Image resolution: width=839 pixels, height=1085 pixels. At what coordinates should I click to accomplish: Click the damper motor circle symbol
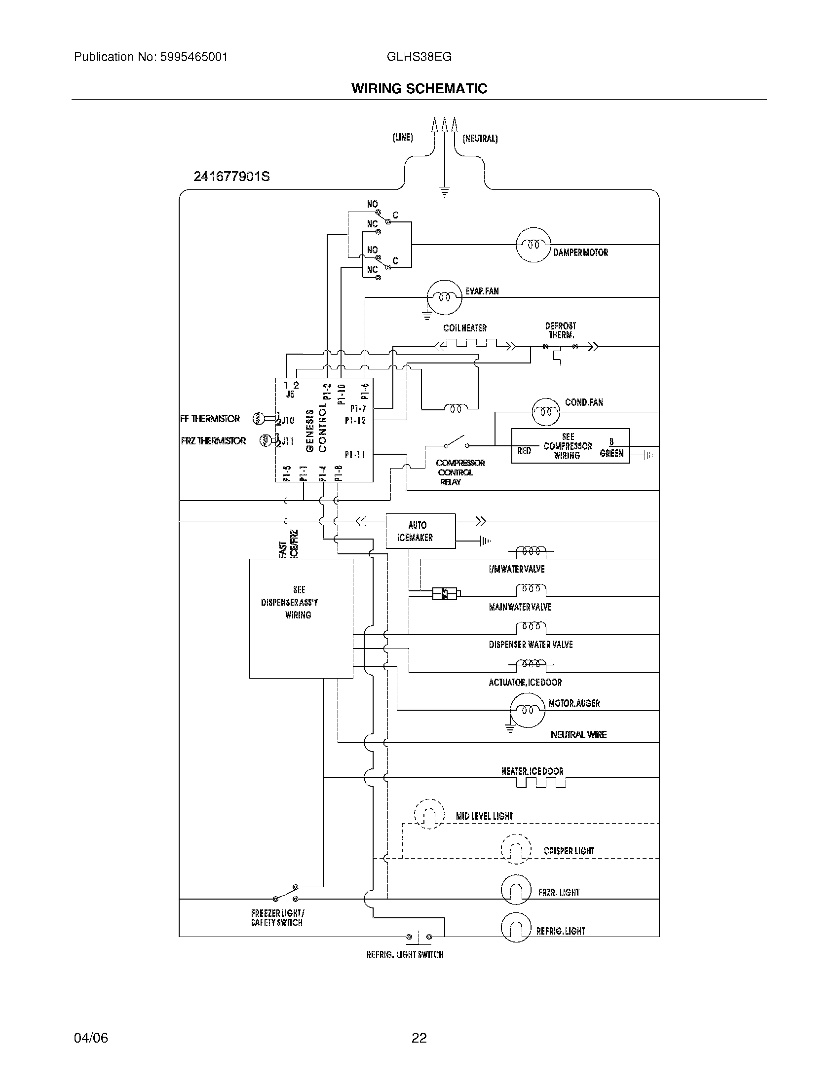point(534,245)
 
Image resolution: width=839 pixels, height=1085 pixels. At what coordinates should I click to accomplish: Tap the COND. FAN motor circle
point(545,412)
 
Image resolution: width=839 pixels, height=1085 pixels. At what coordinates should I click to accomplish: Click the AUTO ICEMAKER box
point(420,531)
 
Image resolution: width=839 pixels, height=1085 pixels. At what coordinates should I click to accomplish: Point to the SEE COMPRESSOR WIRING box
point(570,446)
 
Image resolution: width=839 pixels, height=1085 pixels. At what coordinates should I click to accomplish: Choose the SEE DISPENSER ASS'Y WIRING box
point(301,618)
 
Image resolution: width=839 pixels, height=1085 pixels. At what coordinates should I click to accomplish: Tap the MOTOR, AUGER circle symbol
point(528,710)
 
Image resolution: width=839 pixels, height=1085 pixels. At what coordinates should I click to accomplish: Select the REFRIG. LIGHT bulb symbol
point(516,928)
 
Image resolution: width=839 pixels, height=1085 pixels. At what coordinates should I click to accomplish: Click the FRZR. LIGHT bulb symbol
point(516,889)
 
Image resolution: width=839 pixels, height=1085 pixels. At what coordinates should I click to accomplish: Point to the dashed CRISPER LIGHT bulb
point(516,849)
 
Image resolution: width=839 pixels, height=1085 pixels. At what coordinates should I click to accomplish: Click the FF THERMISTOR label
point(210,419)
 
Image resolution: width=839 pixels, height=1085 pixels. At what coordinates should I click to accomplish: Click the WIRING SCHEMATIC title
point(419,88)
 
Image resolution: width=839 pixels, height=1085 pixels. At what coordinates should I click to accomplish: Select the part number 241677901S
point(231,177)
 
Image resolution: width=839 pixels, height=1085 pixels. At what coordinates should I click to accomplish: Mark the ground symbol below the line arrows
point(444,192)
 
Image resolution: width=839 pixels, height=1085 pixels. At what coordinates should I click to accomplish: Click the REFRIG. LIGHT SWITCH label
point(405,955)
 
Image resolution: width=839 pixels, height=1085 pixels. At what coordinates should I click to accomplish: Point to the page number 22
point(419,1038)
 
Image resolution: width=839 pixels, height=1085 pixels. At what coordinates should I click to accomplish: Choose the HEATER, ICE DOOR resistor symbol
point(541,783)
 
